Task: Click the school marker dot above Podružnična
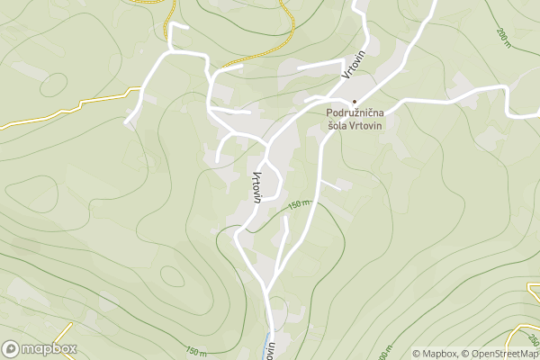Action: pos(355,101)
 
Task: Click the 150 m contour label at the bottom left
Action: pos(194,351)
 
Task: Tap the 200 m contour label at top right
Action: pos(501,36)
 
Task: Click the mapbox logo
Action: pos(40,348)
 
